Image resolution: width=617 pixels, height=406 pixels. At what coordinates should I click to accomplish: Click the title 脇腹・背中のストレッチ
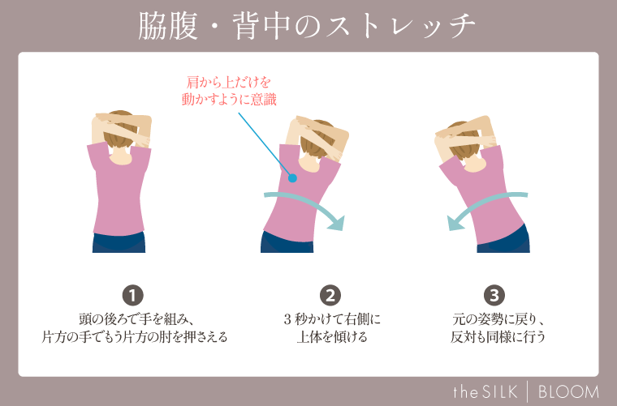pyautogui.click(x=308, y=27)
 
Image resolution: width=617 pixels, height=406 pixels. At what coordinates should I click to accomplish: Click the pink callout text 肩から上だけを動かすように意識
pyautogui.click(x=230, y=91)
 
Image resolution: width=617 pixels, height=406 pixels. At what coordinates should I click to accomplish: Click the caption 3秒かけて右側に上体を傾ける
pyautogui.click(x=330, y=327)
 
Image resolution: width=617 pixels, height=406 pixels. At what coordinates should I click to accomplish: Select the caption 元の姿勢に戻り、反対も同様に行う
pyautogui.click(x=498, y=327)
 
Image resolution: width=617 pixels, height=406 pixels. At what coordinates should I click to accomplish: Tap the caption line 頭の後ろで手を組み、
pyautogui.click(x=134, y=318)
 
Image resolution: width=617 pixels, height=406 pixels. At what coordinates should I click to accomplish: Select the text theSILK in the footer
pyautogui.click(x=485, y=392)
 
